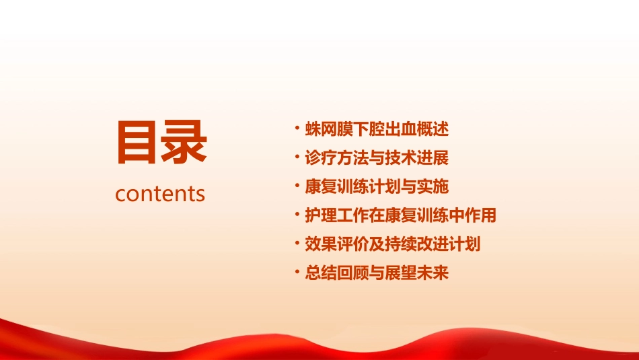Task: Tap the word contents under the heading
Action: tap(160, 194)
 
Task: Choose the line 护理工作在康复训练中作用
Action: tap(400, 215)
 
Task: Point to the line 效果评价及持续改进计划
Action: tap(392, 244)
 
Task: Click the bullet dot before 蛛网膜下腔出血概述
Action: tap(297, 128)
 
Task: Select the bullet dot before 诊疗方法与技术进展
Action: tap(297, 157)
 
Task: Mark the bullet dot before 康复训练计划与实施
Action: tap(297, 186)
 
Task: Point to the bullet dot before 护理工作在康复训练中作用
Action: tap(297, 215)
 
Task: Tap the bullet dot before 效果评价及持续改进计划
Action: tap(297, 244)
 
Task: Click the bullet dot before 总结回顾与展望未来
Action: tap(297, 273)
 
